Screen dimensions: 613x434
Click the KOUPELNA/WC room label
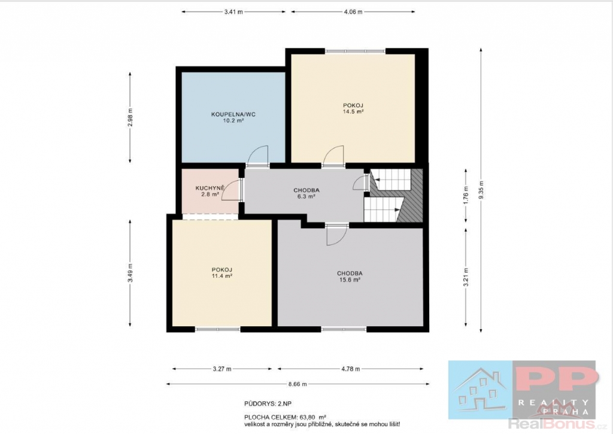pyautogui.click(x=233, y=114)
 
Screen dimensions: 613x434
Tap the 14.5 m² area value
pyautogui.click(x=353, y=111)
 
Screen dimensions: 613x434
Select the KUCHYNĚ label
pyautogui.click(x=210, y=188)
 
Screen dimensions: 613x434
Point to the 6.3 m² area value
pyautogui.click(x=306, y=197)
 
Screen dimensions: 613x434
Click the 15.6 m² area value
pyautogui.click(x=350, y=280)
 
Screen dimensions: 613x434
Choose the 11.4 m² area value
pyautogui.click(x=222, y=275)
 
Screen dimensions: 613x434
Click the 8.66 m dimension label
pyautogui.click(x=298, y=384)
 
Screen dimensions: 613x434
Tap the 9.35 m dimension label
pyautogui.click(x=481, y=190)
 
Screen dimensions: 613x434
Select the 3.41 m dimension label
pyautogui.click(x=233, y=12)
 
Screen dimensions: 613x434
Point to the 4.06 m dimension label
pyautogui.click(x=353, y=12)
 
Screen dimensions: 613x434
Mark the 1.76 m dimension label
pyautogui.click(x=466, y=195)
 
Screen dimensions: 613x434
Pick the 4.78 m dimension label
pyautogui.click(x=351, y=369)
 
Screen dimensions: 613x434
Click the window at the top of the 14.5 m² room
pyautogui.click(x=355, y=50)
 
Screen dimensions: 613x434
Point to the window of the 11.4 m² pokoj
pyautogui.click(x=217, y=329)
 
